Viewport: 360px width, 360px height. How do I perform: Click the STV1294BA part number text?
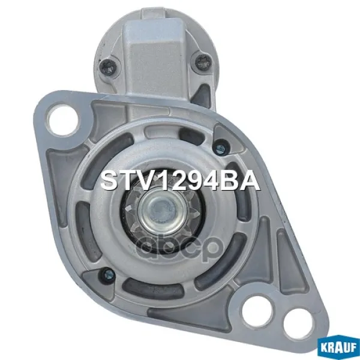coord(180,180)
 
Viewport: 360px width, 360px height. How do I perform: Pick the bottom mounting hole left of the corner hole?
coord(257,312)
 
